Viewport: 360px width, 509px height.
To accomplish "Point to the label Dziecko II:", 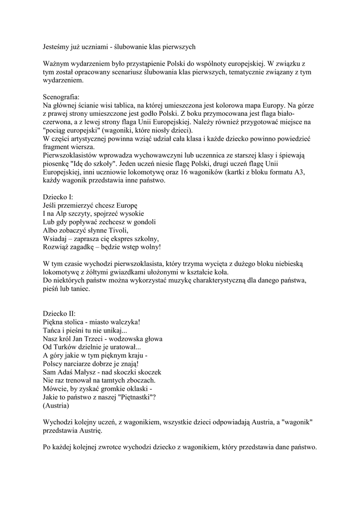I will click(59, 314).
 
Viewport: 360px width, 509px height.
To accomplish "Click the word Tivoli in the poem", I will click(116, 230).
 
